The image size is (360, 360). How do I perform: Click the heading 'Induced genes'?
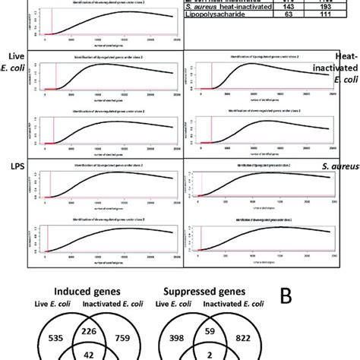click(89, 292)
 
